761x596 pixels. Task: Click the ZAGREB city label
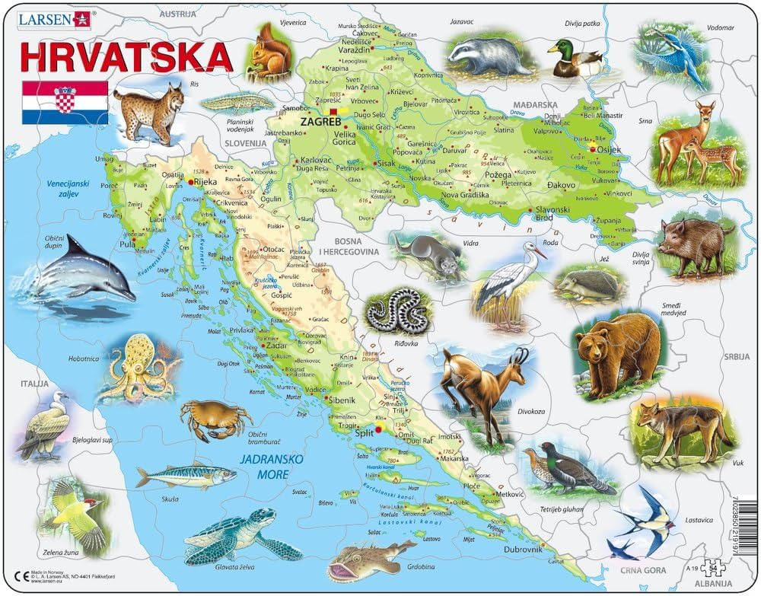(x=320, y=120)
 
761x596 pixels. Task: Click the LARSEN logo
(x=52, y=18)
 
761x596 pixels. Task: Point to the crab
(x=215, y=418)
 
